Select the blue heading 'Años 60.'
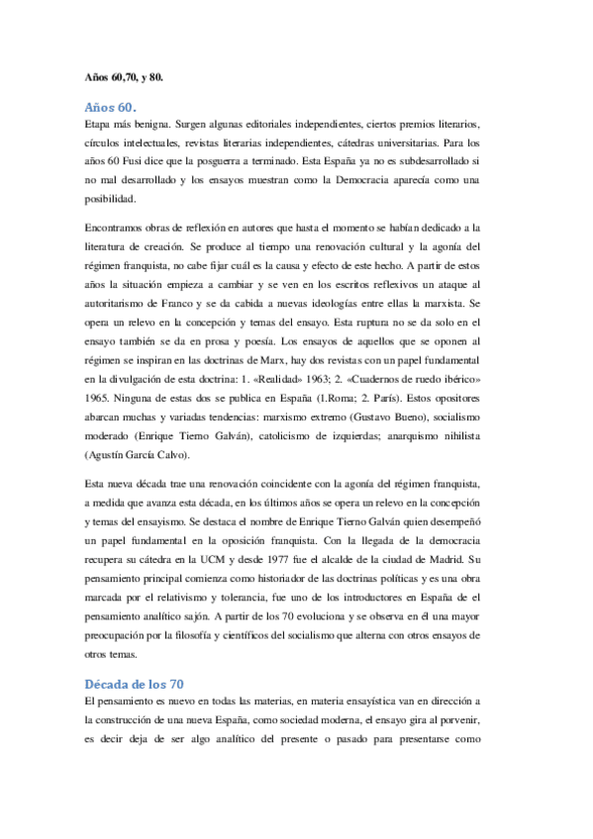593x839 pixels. (x=111, y=106)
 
